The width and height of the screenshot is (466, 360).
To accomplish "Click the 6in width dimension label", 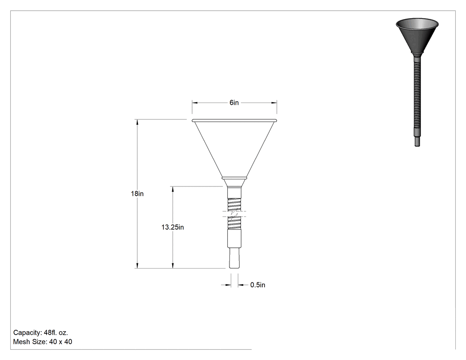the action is pyautogui.click(x=234, y=103).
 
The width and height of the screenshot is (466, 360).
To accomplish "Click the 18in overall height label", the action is pyautogui.click(x=137, y=194).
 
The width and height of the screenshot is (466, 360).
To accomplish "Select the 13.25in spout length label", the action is pyautogui.click(x=173, y=227).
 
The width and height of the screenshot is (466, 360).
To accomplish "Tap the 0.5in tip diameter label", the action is pyautogui.click(x=258, y=285).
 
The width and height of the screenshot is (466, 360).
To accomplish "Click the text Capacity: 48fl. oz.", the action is pyautogui.click(x=41, y=332).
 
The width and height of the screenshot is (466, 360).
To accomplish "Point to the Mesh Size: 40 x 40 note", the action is pyautogui.click(x=43, y=342).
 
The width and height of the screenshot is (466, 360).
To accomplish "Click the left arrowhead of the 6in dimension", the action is pyautogui.click(x=195, y=103).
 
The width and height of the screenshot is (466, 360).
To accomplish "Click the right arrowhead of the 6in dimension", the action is pyautogui.click(x=274, y=103).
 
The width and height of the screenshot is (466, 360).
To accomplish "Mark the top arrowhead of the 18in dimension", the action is pyautogui.click(x=137, y=122).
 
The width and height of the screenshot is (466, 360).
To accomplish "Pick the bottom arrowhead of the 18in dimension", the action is pyautogui.click(x=137, y=265).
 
